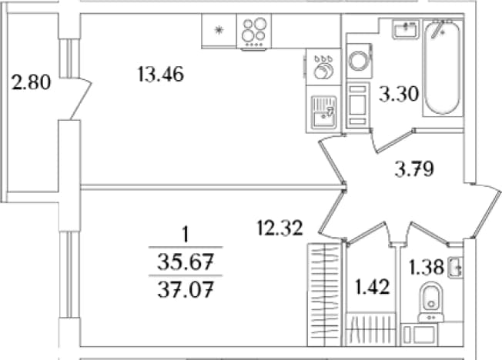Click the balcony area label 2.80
click(x=31, y=82)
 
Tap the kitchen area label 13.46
click(x=161, y=75)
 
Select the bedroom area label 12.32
click(x=280, y=228)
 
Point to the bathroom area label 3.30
click(x=399, y=95)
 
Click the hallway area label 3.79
click(x=414, y=169)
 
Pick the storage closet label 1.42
click(x=373, y=287)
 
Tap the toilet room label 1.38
click(x=427, y=267)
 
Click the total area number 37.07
click(x=186, y=291)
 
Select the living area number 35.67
click(x=186, y=263)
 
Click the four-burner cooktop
click(x=254, y=32)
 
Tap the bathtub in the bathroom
click(x=443, y=68)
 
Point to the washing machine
click(x=360, y=61)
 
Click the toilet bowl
click(x=431, y=300)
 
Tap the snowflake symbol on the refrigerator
click(x=219, y=31)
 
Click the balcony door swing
click(x=82, y=98)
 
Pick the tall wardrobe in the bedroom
click(x=323, y=295)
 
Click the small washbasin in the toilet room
click(x=456, y=267)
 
